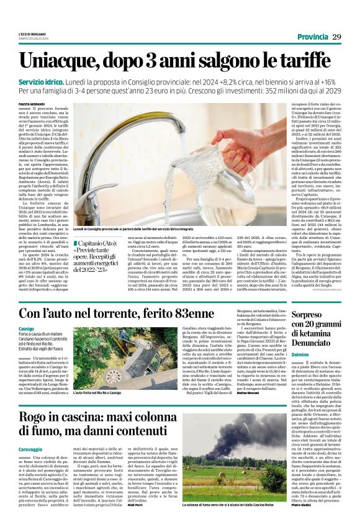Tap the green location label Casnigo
26,328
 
